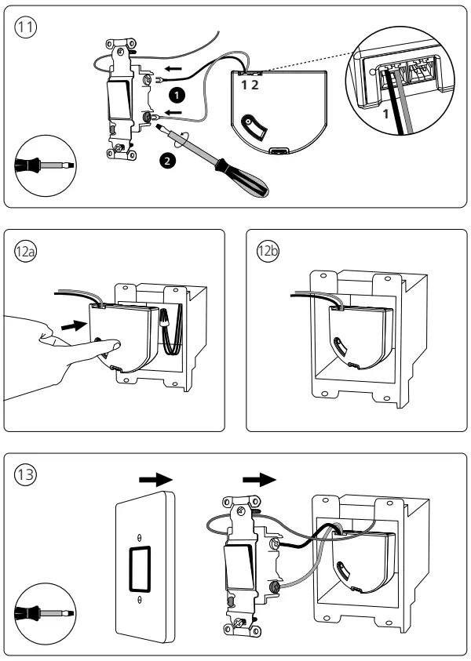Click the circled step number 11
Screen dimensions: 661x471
pyautogui.click(x=26, y=27)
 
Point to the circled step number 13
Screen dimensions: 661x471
pyautogui.click(x=26, y=477)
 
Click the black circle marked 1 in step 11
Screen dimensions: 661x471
pyautogui.click(x=178, y=94)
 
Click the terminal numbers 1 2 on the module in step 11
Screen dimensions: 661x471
pyautogui.click(x=250, y=82)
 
